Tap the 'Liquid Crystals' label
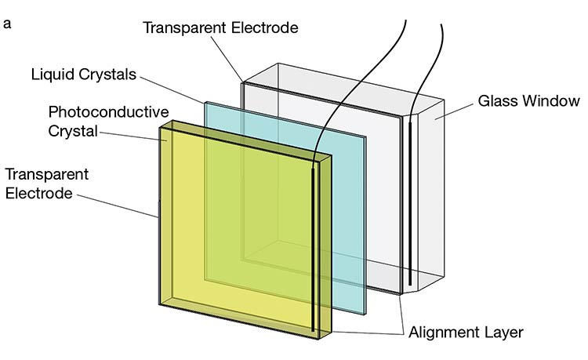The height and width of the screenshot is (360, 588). (84, 75)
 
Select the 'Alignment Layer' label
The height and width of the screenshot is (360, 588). (466, 332)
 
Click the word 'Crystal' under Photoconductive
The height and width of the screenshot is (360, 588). (73, 131)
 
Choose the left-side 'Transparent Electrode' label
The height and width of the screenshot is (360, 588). (46, 182)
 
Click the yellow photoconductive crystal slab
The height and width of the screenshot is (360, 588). (235, 235)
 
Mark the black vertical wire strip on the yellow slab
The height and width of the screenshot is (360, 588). (314, 251)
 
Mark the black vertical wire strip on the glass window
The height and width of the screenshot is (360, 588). (411, 204)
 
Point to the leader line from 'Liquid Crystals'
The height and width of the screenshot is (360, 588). (172, 88)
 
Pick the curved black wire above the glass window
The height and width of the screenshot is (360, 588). (427, 63)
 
